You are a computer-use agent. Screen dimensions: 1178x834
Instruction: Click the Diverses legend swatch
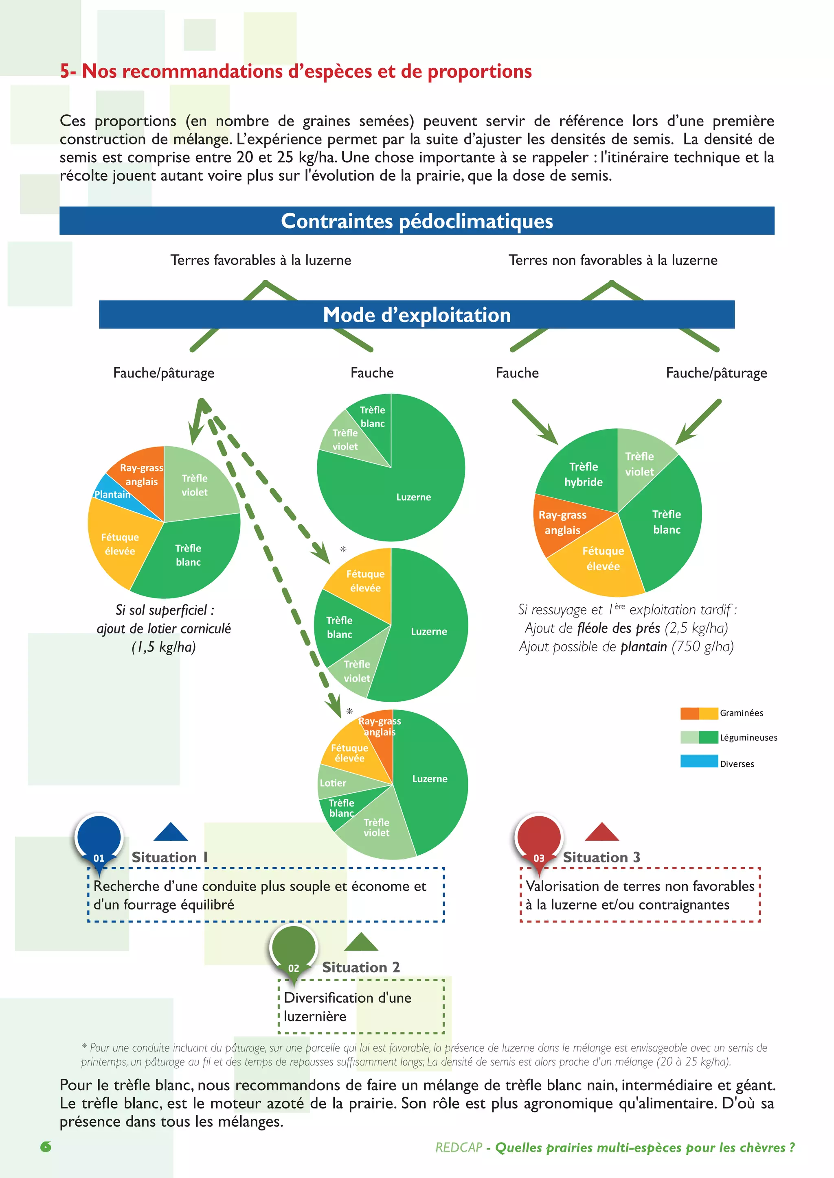pos(698,761)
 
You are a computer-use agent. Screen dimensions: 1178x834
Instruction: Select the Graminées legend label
pos(741,713)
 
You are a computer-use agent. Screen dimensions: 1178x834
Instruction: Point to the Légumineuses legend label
pos(748,738)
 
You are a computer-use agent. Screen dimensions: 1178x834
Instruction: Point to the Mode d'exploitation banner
pos(417,315)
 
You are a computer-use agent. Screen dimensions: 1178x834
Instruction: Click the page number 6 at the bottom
pos(46,1147)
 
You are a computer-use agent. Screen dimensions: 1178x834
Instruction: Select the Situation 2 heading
pos(360,967)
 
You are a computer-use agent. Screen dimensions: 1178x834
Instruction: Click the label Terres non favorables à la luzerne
pos(612,260)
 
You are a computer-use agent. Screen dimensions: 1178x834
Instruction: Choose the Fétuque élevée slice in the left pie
pos(120,544)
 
